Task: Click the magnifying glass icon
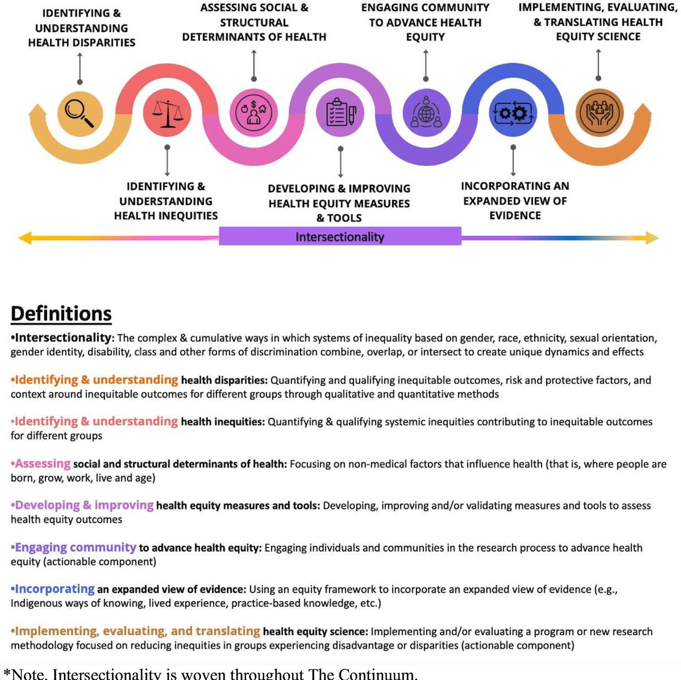pos(79,113)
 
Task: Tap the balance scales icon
pos(168,113)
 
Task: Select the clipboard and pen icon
pos(340,112)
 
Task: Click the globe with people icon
pos(426,112)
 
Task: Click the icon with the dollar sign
pos(254,112)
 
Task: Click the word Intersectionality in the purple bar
pos(339,236)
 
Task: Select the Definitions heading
pos(61,314)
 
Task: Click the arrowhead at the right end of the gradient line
pos(652,237)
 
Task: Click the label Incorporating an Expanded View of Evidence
pos(515,201)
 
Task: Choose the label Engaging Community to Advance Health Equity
pos(425,22)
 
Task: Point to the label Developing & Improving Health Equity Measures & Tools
pos(339,203)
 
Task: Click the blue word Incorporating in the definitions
pos(55,589)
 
